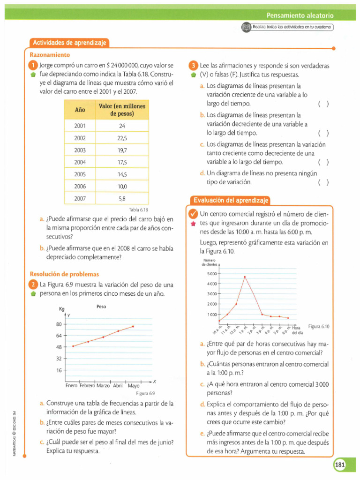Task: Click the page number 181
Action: (x=340, y=465)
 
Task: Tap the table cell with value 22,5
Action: (x=122, y=138)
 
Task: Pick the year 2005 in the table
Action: (x=80, y=174)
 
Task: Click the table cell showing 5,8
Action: (x=122, y=198)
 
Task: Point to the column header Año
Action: (x=80, y=110)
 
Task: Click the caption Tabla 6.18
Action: (x=138, y=210)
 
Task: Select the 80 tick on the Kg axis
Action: (x=59, y=324)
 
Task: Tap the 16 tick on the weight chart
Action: (x=59, y=370)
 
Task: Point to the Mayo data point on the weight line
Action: (x=133, y=326)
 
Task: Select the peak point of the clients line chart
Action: (x=245, y=277)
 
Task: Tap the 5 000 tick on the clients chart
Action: (x=212, y=273)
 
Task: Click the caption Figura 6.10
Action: (x=319, y=326)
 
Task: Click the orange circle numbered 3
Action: (x=193, y=66)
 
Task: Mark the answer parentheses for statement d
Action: (x=323, y=182)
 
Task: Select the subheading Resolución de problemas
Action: (x=64, y=274)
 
